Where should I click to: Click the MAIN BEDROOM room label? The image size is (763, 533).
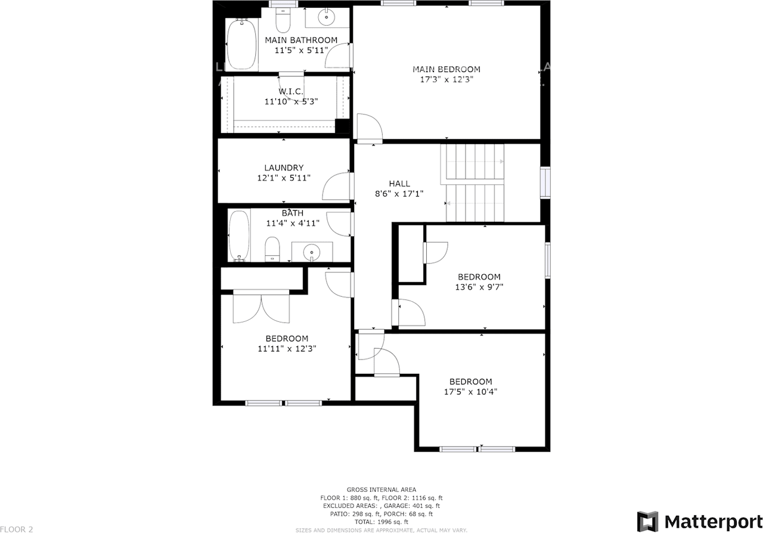446,69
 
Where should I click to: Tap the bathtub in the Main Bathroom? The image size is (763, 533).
241,45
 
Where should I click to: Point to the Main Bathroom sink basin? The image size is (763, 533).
327,18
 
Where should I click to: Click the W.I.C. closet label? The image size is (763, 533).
291,92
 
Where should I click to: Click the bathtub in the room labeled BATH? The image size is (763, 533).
239,236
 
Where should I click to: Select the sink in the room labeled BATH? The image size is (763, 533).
312,253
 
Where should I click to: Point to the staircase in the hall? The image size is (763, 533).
474,182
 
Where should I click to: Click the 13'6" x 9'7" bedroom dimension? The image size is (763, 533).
479,287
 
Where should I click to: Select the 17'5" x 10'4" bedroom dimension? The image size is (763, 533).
470,392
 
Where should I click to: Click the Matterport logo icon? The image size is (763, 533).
647,521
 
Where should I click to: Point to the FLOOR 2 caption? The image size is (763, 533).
16,529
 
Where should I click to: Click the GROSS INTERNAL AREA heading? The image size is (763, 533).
381,489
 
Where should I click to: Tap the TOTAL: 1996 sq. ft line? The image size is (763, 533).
381,522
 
